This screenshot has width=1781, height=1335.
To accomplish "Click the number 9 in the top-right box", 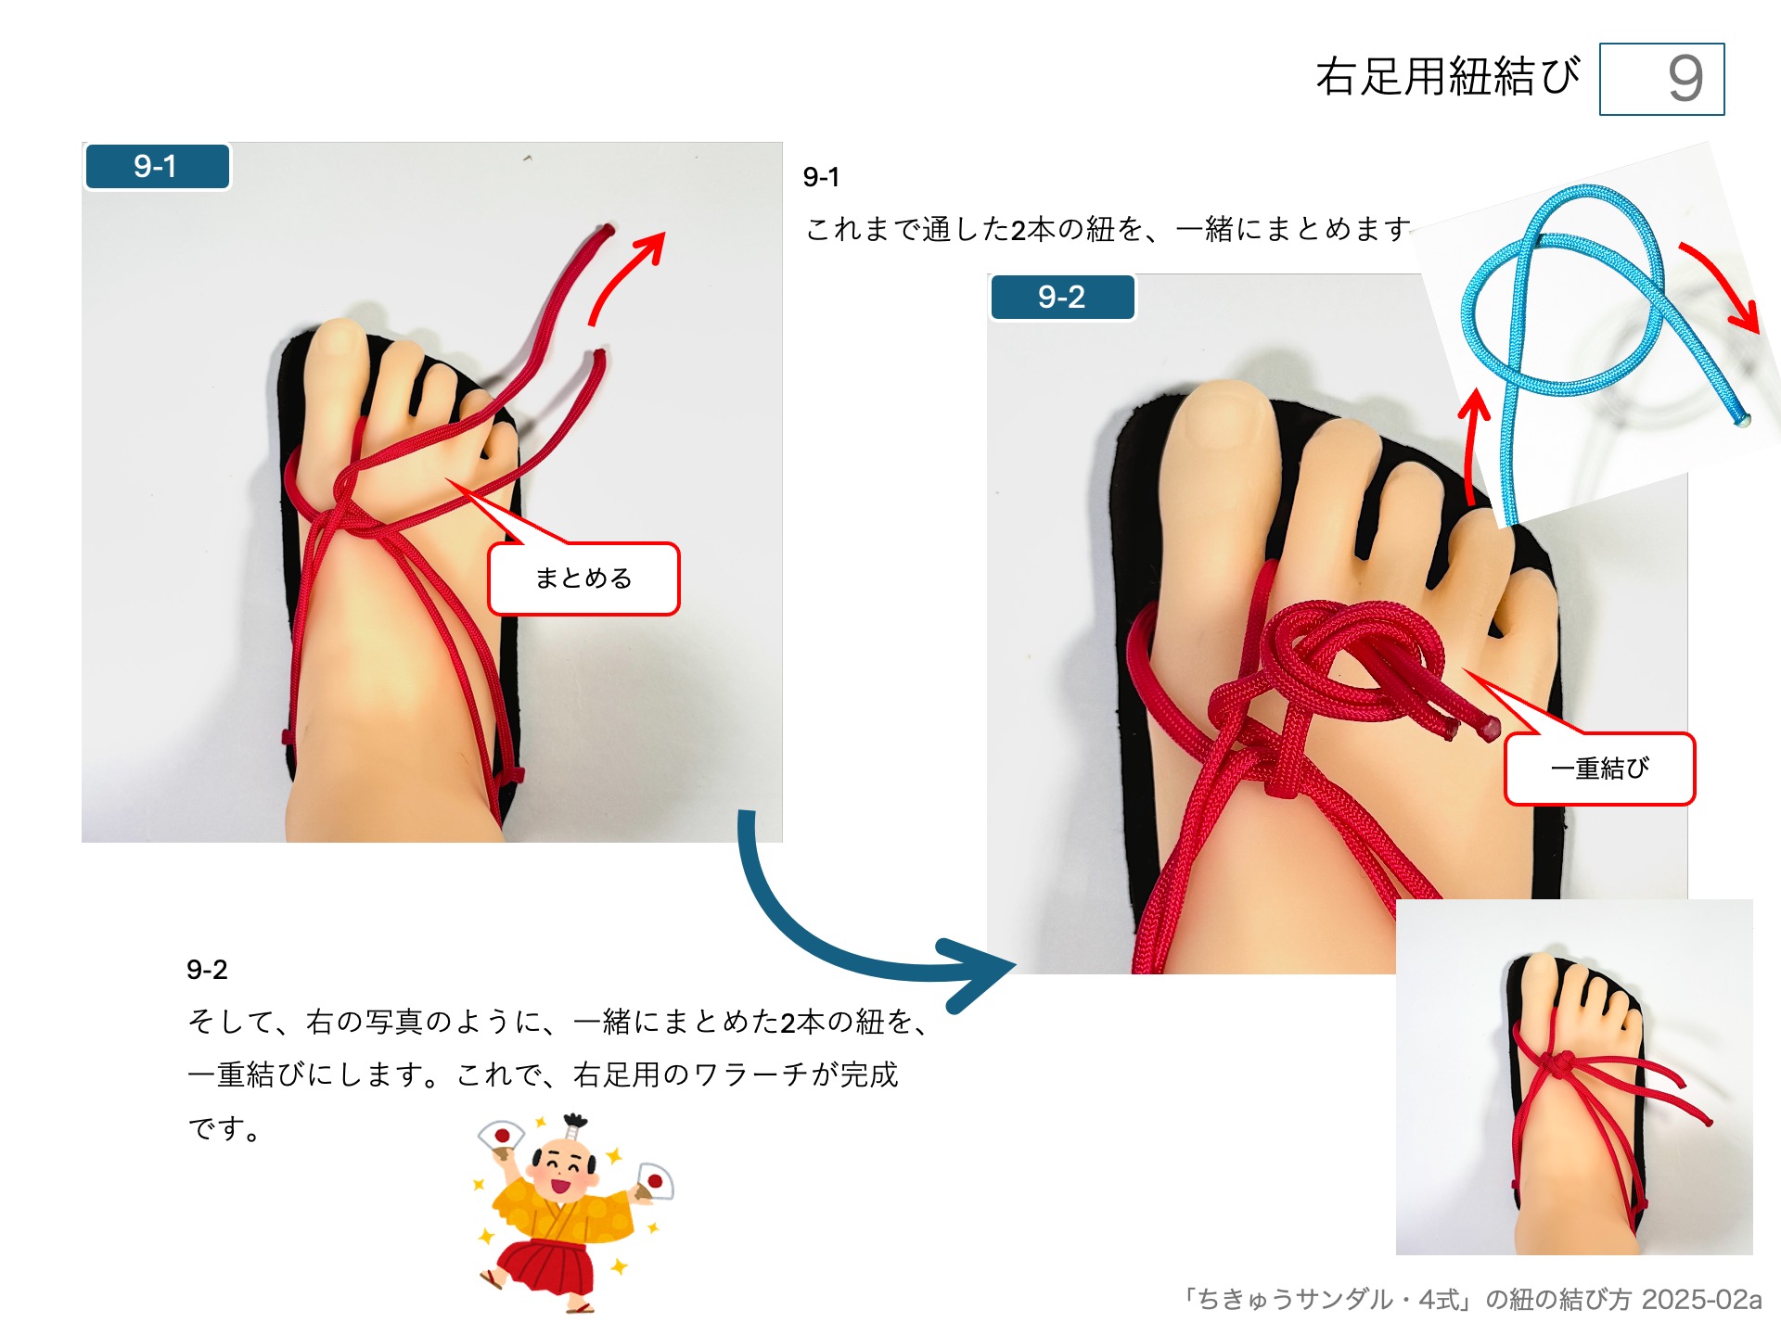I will [1685, 79].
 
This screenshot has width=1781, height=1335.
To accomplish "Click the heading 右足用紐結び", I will [1447, 77].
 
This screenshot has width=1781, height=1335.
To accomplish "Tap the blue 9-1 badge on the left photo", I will [156, 167].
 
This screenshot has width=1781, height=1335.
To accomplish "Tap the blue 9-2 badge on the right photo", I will [1061, 298].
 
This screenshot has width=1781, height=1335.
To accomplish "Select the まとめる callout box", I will [583, 578].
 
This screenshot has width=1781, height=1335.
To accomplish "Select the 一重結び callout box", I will [1599, 769].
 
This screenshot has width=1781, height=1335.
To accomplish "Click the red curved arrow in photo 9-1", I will [627, 276].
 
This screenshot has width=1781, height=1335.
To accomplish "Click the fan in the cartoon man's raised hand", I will [501, 1135].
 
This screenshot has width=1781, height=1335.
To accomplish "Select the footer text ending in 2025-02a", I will [1471, 1300].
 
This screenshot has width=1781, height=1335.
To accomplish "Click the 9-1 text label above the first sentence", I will [821, 177].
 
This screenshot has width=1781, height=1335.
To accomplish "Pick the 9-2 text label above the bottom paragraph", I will [207, 970].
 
